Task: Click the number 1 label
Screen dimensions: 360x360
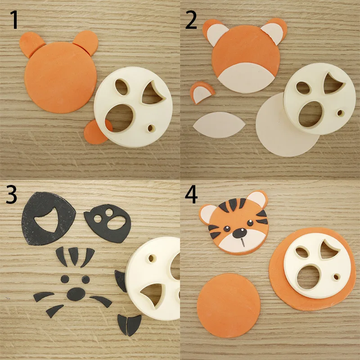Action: point(15,20)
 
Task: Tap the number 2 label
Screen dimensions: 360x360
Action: point(191,20)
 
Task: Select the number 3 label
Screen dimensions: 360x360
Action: point(12,194)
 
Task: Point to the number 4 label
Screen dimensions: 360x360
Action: point(191,194)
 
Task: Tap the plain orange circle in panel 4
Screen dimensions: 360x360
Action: point(229,306)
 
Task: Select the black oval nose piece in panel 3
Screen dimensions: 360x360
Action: point(76,293)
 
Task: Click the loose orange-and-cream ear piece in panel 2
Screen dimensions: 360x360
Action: point(201,93)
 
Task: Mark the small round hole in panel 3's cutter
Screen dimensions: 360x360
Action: point(151,259)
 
